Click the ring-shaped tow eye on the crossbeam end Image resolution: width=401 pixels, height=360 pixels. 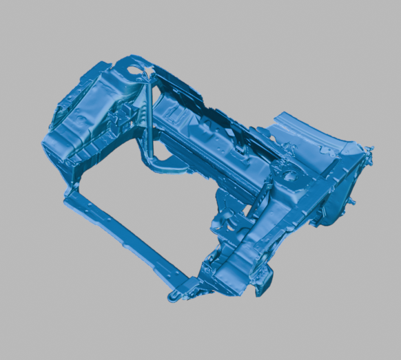pyautogui.click(x=173, y=297)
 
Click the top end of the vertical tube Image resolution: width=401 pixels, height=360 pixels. pyautogui.click(x=147, y=86)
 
